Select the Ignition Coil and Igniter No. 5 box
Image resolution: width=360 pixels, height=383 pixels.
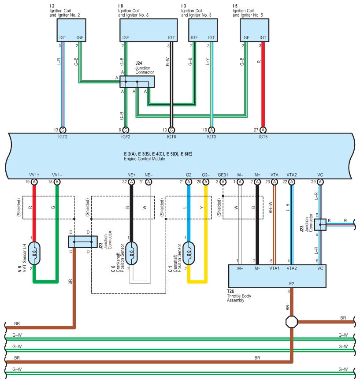click(254, 31)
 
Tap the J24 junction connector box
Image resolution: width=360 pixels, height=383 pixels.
click(137, 82)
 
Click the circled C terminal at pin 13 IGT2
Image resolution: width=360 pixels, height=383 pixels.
click(63, 130)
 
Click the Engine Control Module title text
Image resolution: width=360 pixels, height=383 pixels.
click(144, 159)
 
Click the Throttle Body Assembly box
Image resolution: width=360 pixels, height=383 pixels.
click(277, 275)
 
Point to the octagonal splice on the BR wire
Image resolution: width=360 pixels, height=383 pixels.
click(292, 322)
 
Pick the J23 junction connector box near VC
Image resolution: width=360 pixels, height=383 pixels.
click(320, 225)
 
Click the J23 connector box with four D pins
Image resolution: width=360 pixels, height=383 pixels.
click(82, 242)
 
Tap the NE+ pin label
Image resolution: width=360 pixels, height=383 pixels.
click(131, 175)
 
